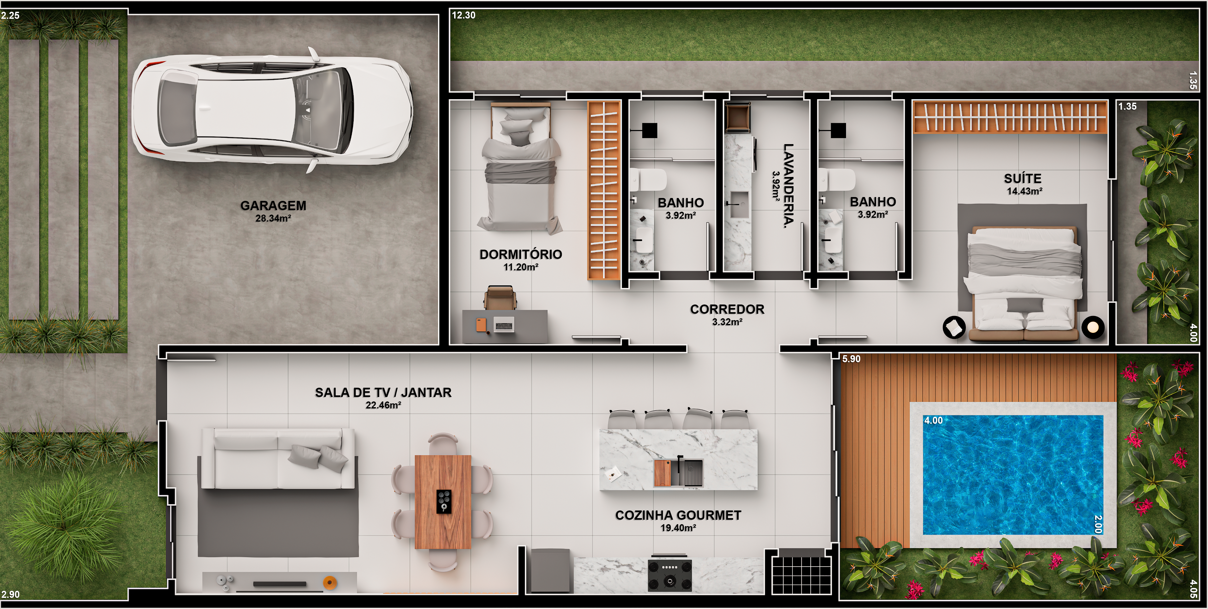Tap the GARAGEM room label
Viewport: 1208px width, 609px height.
tap(273, 206)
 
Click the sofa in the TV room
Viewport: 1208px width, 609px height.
tap(278, 459)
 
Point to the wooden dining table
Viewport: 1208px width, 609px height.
tap(443, 502)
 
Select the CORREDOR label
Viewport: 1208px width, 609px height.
tap(727, 309)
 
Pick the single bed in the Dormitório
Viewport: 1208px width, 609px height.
tap(520, 167)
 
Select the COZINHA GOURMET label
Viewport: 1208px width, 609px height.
tap(678, 515)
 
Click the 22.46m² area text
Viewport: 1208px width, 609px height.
tap(383, 405)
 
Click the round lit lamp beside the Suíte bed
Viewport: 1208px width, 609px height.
tap(1093, 327)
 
